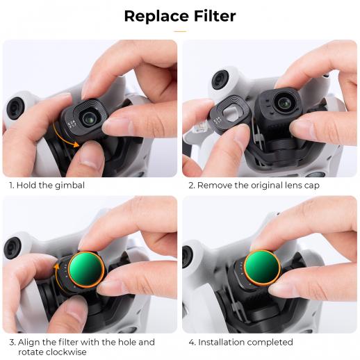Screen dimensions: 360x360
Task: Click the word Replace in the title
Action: coord(156,17)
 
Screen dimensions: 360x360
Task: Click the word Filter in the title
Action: coord(215,16)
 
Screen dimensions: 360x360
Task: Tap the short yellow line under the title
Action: coord(180,31)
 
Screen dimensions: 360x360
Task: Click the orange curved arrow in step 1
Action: coord(65,137)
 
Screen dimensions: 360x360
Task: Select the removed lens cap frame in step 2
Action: coord(230,113)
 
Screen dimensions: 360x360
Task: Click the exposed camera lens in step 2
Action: coord(284,102)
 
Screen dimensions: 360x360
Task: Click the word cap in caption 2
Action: coord(311,186)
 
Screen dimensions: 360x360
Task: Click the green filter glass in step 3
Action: coord(86,269)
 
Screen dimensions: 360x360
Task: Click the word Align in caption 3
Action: coord(29,342)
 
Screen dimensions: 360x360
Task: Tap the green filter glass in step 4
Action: coord(262,267)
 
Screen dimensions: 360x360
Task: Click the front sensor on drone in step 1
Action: coord(15,108)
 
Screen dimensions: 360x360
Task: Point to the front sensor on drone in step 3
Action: coord(12,247)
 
